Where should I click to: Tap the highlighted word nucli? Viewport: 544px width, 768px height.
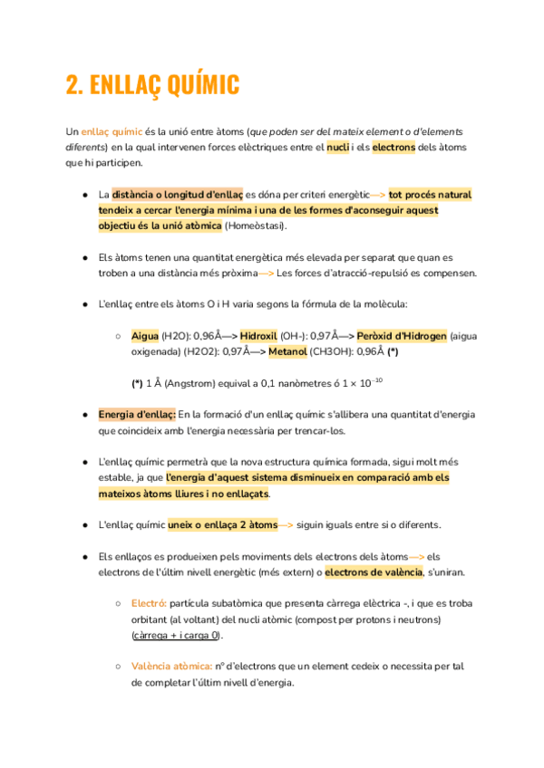338,147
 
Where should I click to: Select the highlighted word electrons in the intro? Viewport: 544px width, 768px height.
393,147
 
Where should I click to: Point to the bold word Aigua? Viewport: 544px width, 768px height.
145,336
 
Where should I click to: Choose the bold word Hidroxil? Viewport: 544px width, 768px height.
257,336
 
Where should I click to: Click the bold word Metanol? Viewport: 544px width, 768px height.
287,351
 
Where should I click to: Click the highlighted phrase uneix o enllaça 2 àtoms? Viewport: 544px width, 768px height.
221,525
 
